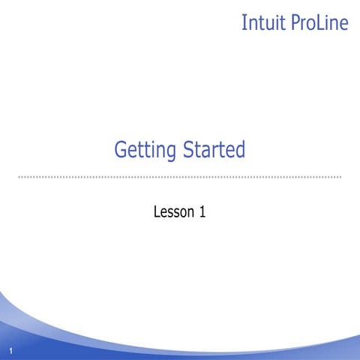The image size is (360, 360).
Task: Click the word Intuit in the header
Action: [x=262, y=22]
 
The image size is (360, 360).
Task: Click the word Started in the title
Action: [x=214, y=150]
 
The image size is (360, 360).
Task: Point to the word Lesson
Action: [x=173, y=212]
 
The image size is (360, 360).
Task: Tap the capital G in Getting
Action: [x=120, y=150]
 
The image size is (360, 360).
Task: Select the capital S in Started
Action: [x=187, y=150]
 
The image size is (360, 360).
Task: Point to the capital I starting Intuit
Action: [x=244, y=22]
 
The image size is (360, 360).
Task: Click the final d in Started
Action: [x=239, y=150]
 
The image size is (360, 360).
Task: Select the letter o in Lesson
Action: [x=184, y=214]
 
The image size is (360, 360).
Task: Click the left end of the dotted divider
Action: [x=19, y=177]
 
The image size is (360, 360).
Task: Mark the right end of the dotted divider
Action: [x=340, y=177]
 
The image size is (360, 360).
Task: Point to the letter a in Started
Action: [x=205, y=152]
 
